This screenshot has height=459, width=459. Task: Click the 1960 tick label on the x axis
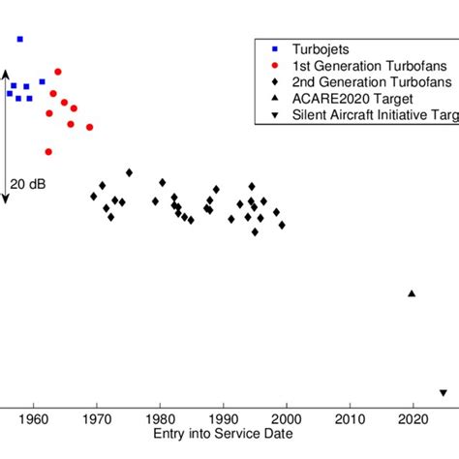tap(34, 420)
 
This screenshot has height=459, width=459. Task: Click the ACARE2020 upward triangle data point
tap(412, 293)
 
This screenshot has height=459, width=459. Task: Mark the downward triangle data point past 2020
tap(443, 393)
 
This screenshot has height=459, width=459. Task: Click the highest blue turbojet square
tap(20, 39)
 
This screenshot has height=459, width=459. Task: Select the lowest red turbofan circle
tap(48, 151)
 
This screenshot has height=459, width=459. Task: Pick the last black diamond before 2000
tap(282, 225)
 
